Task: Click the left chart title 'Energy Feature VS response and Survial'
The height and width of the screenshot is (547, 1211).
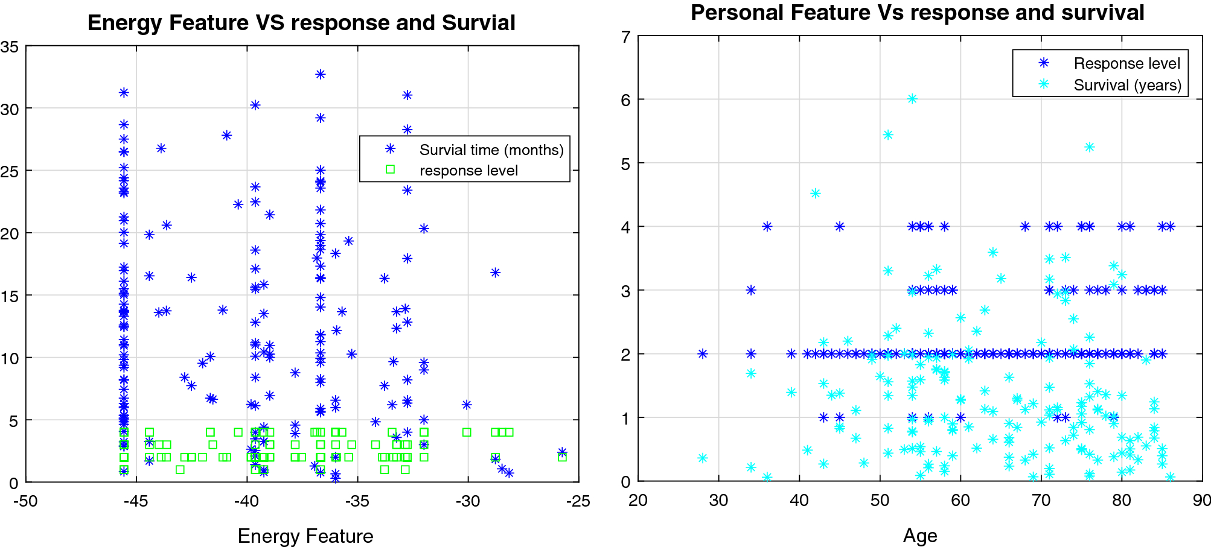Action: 301,23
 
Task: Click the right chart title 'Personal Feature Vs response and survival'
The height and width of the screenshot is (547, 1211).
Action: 917,13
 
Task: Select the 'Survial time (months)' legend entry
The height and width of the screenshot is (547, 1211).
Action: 491,150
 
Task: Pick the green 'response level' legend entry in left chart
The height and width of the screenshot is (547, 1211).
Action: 468,171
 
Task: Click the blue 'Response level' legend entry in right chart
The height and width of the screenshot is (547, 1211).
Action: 1126,63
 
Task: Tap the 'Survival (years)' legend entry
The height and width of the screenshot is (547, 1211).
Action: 1127,85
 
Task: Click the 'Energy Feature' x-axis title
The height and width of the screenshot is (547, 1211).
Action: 305,536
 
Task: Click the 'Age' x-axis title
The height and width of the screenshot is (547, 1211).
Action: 920,536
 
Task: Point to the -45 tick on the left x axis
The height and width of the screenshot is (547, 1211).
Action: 136,501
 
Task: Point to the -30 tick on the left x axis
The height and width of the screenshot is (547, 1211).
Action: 468,501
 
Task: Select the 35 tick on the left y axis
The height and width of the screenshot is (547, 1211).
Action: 10,47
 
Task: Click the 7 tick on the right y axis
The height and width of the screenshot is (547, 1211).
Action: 625,37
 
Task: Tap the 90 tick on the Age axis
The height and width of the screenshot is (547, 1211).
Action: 1201,501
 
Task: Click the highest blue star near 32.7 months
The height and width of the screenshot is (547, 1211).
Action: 321,74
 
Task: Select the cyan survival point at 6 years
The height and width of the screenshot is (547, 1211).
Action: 912,99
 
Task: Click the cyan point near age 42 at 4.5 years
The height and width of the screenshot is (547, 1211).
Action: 816,194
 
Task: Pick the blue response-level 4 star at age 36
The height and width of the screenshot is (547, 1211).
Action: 767,227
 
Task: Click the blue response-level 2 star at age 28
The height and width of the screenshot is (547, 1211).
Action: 703,354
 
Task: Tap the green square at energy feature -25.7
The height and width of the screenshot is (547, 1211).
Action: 562,457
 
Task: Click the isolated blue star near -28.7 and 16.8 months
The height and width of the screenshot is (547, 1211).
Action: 495,273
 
